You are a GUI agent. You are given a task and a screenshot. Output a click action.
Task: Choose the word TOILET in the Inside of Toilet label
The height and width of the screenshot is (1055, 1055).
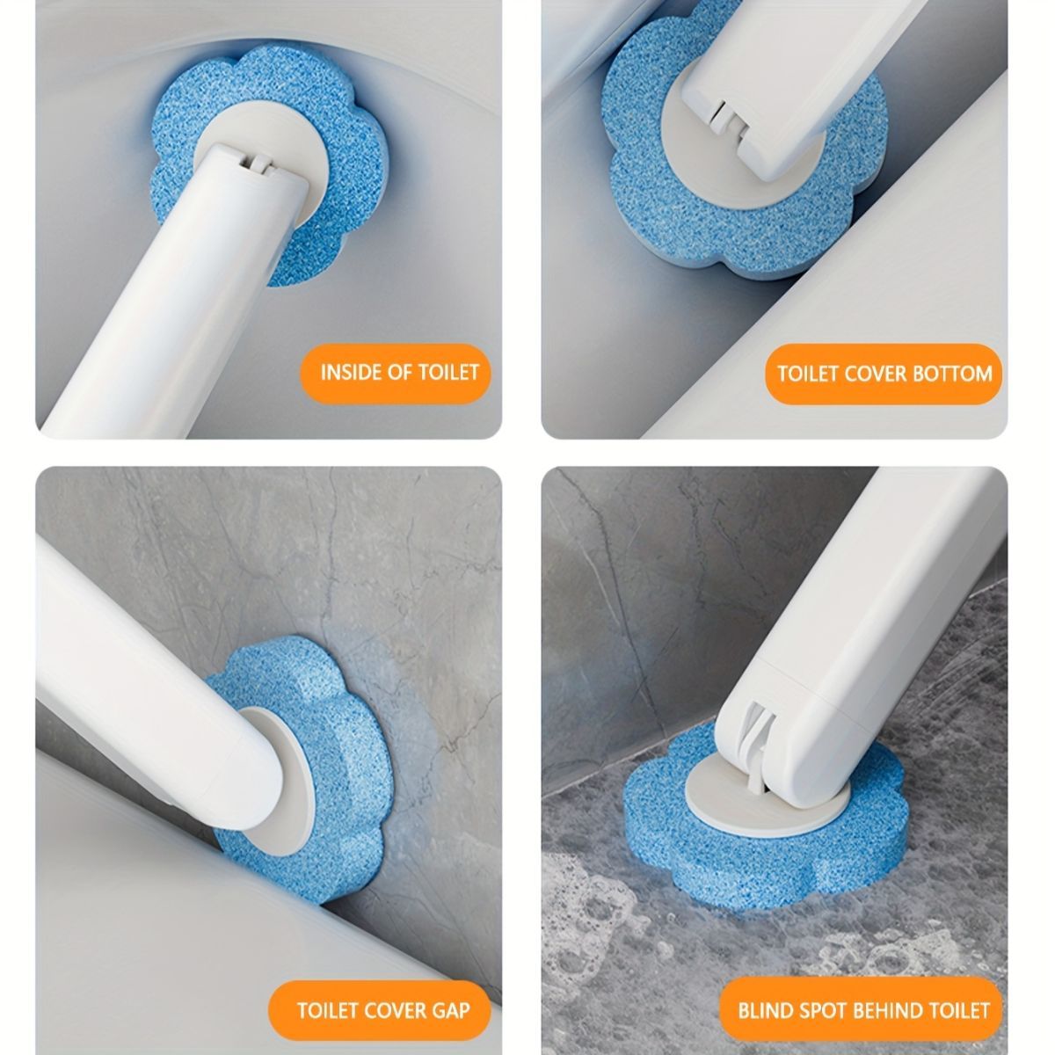448,372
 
